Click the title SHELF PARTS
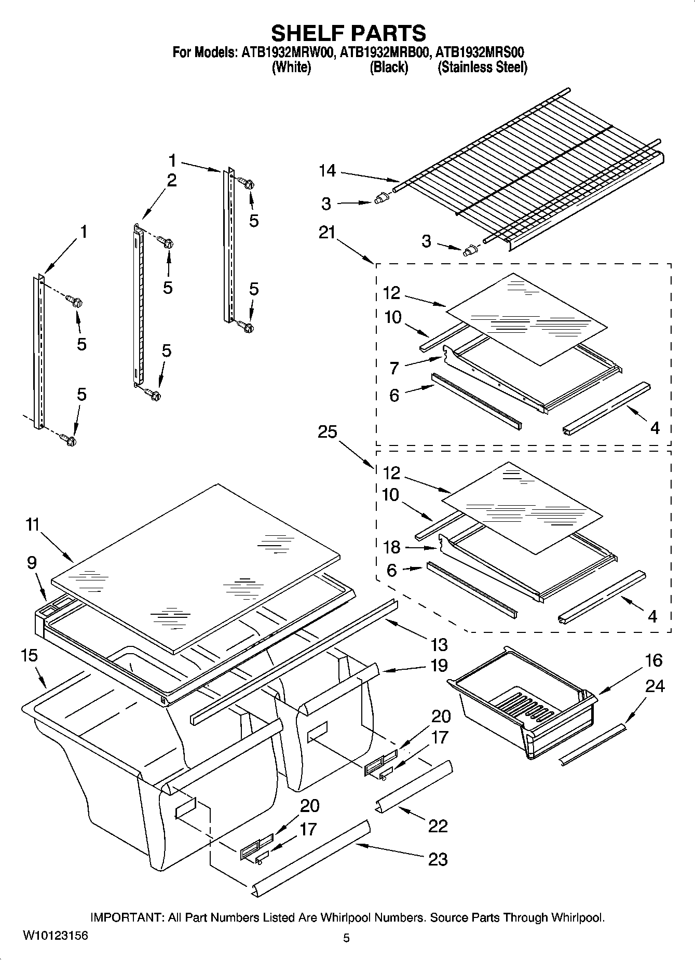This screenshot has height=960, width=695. (x=348, y=33)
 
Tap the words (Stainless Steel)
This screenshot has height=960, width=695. (x=482, y=68)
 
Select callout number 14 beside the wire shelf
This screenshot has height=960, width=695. (x=327, y=171)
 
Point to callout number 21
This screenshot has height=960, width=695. (x=326, y=233)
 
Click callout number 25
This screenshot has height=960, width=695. (x=328, y=432)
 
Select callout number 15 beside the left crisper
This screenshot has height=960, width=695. (x=29, y=656)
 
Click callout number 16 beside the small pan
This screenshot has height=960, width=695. (x=653, y=660)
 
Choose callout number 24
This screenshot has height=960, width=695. (x=655, y=686)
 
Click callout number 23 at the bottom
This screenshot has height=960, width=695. (x=437, y=859)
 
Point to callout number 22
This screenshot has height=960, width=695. (x=438, y=826)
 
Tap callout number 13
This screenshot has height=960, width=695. (x=439, y=645)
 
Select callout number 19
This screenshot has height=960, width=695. (x=439, y=666)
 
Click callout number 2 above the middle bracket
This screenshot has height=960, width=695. (x=171, y=180)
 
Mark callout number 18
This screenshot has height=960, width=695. (x=392, y=547)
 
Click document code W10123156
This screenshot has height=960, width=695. (x=56, y=936)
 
